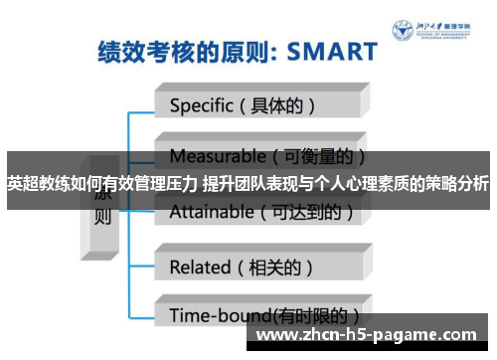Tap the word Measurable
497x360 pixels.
212,156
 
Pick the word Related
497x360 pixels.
199,266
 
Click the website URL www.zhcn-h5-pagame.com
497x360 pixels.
366,336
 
